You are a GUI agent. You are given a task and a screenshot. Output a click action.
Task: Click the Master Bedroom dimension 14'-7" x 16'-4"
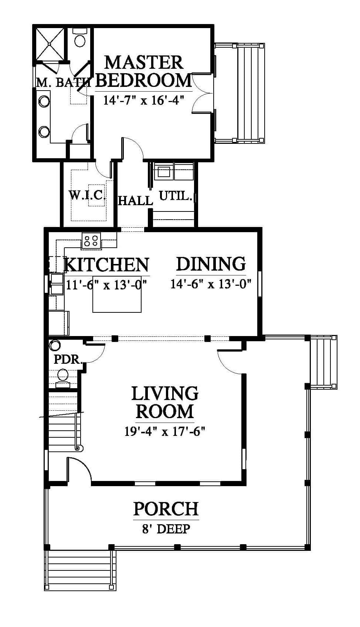[x=143, y=100]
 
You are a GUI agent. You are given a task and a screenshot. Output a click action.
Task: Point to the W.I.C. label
[x=87, y=195]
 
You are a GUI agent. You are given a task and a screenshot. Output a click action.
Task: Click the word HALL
[x=136, y=200]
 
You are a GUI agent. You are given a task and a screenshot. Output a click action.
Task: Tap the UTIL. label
[x=176, y=196]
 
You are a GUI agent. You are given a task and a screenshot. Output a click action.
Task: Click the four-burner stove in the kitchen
[x=91, y=240]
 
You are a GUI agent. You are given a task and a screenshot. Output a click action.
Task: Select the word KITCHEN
[x=106, y=264]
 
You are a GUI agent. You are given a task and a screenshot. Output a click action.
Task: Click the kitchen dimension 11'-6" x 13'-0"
[x=106, y=285]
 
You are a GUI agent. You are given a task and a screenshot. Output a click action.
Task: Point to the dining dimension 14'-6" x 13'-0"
[x=211, y=284]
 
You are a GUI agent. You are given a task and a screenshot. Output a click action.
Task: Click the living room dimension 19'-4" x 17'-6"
[x=165, y=431]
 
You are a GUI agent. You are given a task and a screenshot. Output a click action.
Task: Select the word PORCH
[x=166, y=509]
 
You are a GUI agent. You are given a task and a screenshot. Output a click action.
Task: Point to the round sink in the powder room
[x=55, y=345]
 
